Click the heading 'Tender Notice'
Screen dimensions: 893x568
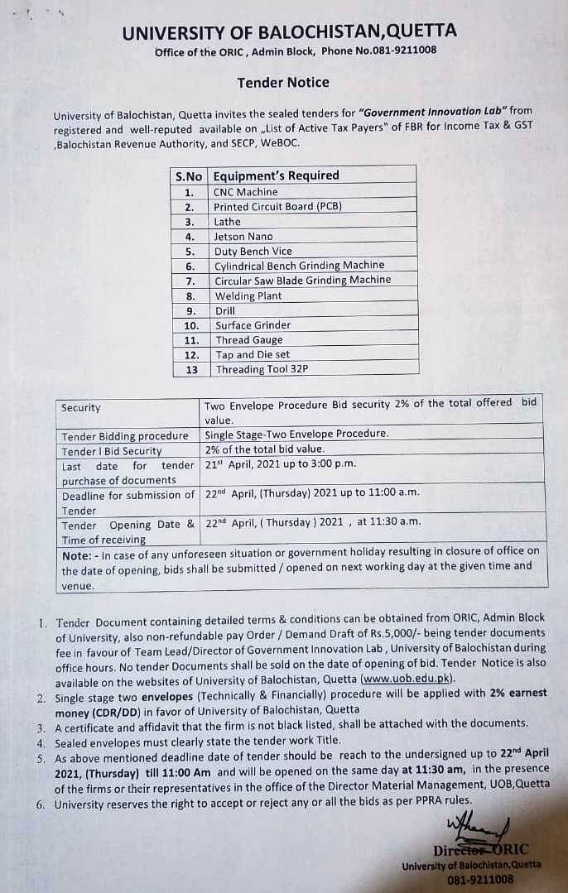[x=282, y=82]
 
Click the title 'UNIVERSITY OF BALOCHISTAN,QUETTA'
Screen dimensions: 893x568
[x=289, y=32]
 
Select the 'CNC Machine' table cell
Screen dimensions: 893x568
[x=246, y=192]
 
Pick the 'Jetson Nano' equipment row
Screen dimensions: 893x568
[x=243, y=237]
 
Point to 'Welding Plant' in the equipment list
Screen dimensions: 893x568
[x=248, y=295]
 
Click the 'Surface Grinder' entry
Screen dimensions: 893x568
[x=253, y=325]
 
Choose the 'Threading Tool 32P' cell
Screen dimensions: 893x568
[x=262, y=370]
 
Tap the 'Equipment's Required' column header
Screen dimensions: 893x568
[x=276, y=175]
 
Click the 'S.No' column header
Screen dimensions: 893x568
[x=189, y=176]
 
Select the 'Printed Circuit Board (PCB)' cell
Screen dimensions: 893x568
[x=277, y=207]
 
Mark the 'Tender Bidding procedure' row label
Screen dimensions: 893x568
[x=125, y=436]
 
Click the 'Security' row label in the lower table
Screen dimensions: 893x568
[x=81, y=408]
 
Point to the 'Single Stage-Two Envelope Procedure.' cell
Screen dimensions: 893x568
[x=296, y=434]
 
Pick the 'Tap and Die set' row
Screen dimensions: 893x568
[x=253, y=355]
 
